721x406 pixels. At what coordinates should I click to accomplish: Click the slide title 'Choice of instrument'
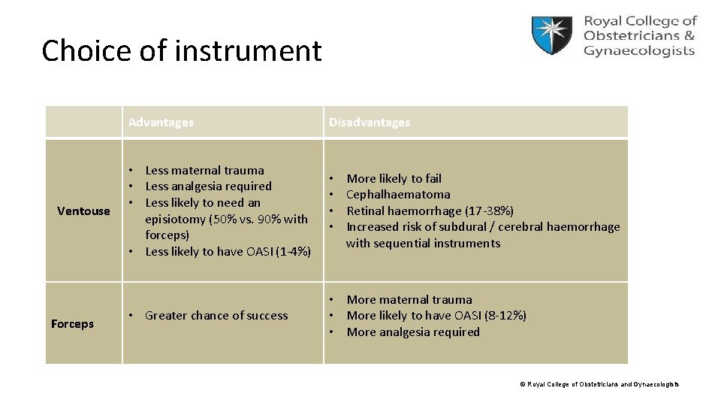pyautogui.click(x=181, y=51)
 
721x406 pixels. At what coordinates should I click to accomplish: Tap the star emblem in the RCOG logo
pyautogui.click(x=552, y=35)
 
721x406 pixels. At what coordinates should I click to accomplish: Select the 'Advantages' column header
pyautogui.click(x=161, y=122)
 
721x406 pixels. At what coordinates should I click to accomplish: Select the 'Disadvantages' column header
pyautogui.click(x=370, y=122)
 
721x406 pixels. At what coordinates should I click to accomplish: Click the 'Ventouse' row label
pyautogui.click(x=83, y=211)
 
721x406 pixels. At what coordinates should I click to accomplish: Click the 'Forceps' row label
pyautogui.click(x=72, y=324)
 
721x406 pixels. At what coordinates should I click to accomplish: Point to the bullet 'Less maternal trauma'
pyautogui.click(x=204, y=171)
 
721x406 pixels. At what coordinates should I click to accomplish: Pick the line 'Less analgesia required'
pyautogui.click(x=208, y=186)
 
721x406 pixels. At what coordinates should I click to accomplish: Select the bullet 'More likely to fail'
pyautogui.click(x=394, y=179)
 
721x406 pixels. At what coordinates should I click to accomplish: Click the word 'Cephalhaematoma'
pyautogui.click(x=398, y=195)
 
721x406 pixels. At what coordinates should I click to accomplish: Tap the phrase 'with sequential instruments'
pyautogui.click(x=423, y=243)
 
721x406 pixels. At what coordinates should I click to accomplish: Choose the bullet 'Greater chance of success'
pyautogui.click(x=216, y=316)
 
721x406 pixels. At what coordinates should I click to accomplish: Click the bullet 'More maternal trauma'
pyautogui.click(x=409, y=300)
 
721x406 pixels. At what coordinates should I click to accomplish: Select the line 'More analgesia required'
pyautogui.click(x=413, y=332)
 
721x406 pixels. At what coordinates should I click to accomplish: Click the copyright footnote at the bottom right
pyautogui.click(x=599, y=384)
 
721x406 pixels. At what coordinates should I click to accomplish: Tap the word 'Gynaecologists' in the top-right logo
pyautogui.click(x=639, y=51)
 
